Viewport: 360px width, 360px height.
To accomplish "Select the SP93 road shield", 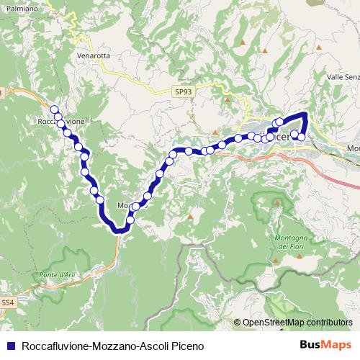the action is (x=182, y=92).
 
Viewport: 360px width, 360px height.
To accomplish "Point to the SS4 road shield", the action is (x=7, y=302).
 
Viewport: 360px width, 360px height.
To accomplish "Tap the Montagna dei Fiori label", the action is (x=292, y=242).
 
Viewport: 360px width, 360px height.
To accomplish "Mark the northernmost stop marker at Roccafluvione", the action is (x=54, y=109).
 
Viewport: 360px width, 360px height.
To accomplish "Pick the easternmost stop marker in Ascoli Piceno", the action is (x=302, y=137).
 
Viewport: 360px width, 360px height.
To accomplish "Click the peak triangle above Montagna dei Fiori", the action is (x=276, y=203).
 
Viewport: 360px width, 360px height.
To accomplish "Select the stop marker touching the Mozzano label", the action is (x=135, y=207).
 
